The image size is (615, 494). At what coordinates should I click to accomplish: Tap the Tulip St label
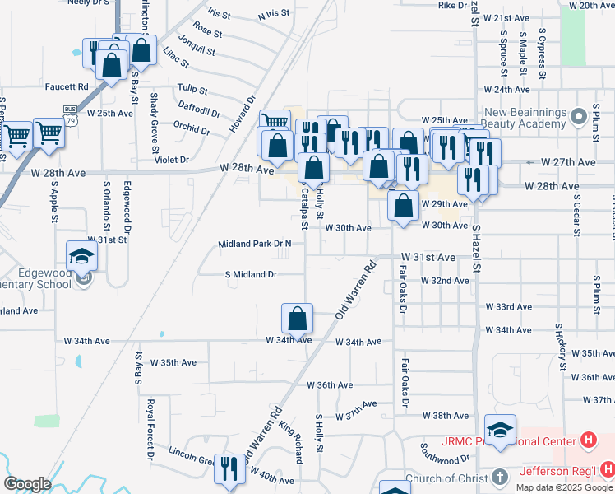click(x=192, y=89)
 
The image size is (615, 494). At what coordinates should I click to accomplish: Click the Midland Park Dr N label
click(x=255, y=245)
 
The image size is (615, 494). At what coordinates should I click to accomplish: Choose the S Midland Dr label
click(x=252, y=274)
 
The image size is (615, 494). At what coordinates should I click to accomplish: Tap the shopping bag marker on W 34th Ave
click(x=297, y=318)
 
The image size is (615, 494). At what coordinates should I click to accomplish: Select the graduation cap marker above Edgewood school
click(x=82, y=254)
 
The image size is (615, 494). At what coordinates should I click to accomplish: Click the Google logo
click(x=26, y=484)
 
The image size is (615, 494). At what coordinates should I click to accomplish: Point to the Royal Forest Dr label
click(x=151, y=428)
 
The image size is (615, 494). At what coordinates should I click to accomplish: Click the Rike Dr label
click(x=452, y=6)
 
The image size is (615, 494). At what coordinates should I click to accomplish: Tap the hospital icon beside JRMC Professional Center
click(x=588, y=440)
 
